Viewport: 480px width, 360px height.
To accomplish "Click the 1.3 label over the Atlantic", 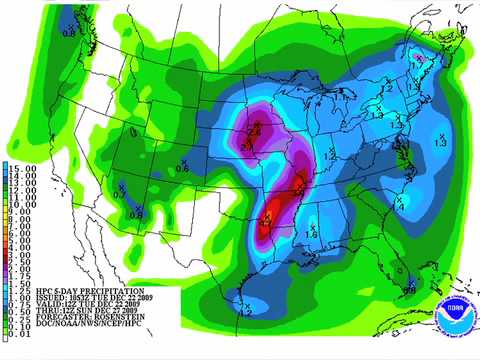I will point(441,144).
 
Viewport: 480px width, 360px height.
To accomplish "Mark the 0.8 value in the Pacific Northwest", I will point(69,32).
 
